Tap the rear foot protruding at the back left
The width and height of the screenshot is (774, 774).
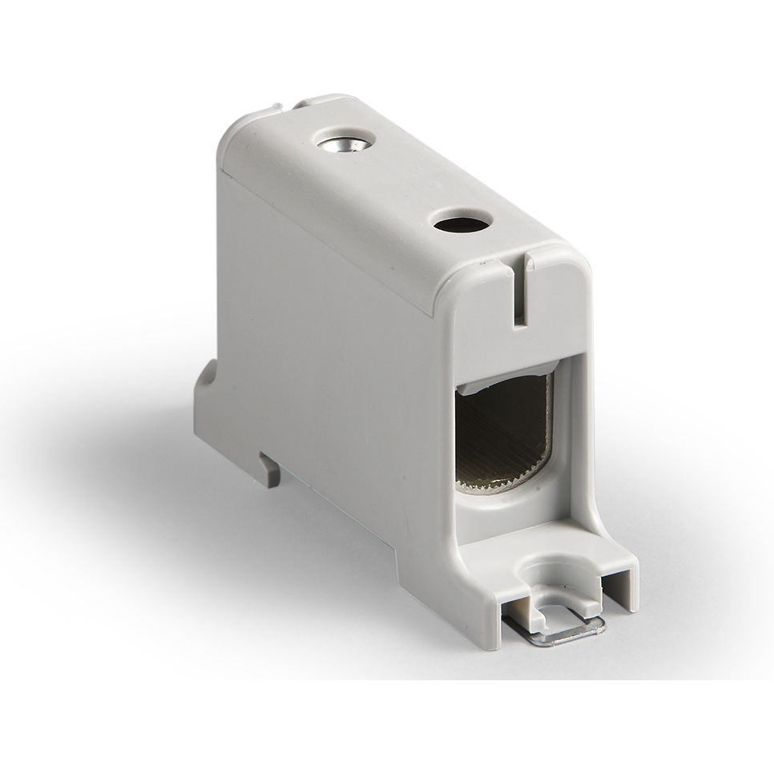(205, 401)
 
